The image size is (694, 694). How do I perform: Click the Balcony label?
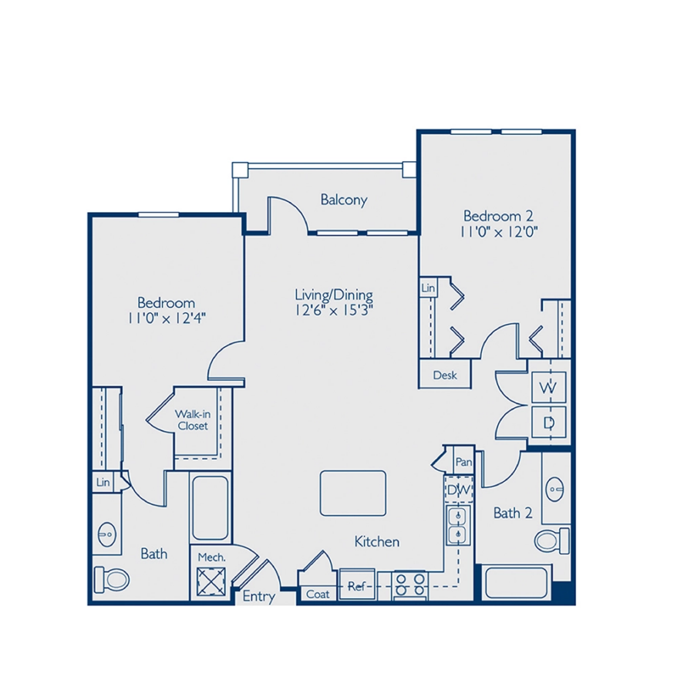(x=344, y=200)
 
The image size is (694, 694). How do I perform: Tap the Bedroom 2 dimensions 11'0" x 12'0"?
(x=498, y=231)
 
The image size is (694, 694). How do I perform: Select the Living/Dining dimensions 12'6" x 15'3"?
(x=334, y=310)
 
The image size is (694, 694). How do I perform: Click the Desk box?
(x=445, y=376)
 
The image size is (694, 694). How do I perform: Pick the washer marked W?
(x=549, y=388)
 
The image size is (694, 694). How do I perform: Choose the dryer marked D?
(x=549, y=422)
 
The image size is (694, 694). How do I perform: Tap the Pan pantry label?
(x=463, y=463)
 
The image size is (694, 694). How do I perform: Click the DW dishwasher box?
(x=458, y=489)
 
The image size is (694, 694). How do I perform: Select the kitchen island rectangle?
(x=352, y=493)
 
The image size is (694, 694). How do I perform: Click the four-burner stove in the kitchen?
(x=409, y=586)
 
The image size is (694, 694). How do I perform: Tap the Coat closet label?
(x=318, y=595)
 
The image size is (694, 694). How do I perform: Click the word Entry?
(x=258, y=596)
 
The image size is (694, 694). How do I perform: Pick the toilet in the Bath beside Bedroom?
(x=109, y=577)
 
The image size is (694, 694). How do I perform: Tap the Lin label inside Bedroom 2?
(x=429, y=288)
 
